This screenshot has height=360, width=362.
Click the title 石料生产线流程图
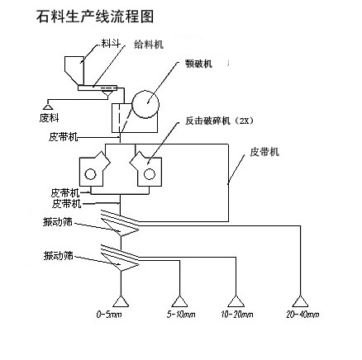point(95,17)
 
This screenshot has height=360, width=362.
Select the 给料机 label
point(149,45)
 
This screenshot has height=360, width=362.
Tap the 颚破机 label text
point(199,64)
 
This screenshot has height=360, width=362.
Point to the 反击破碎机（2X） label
point(219,121)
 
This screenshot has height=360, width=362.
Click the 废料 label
point(50,118)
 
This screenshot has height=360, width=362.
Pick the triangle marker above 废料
point(48,107)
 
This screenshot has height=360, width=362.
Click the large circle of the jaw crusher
point(145,105)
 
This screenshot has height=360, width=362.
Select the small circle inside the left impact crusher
point(91,174)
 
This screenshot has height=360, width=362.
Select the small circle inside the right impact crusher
point(150,174)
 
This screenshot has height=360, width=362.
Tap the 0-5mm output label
point(109,314)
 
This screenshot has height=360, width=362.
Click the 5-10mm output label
point(181,314)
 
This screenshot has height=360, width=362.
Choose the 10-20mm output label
point(237,314)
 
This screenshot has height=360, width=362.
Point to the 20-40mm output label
point(302,314)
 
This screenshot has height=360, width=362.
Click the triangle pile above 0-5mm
point(121,301)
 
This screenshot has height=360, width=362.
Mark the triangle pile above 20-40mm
point(300,301)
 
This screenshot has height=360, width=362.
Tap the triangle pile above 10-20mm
point(236,301)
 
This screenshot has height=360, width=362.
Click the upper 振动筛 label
point(58,222)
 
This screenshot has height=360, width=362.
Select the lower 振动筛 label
point(59,256)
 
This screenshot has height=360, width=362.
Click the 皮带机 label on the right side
point(264,152)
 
